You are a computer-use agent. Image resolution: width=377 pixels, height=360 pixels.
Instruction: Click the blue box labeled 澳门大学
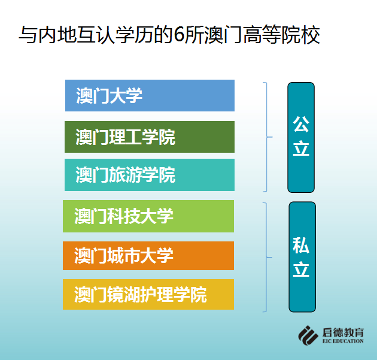[x=150, y=95]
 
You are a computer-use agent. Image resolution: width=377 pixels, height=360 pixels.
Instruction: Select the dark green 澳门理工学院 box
[x=150, y=137]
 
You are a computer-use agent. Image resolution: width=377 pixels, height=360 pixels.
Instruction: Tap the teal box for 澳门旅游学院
[x=150, y=175]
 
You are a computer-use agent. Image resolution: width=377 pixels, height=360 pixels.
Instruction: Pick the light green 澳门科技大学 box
[x=148, y=216]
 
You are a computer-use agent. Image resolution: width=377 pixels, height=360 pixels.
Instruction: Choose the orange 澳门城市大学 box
[x=148, y=256]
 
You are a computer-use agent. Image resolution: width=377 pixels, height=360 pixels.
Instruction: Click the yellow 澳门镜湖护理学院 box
[x=148, y=294]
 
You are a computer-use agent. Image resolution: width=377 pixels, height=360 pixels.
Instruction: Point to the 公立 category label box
[x=301, y=137]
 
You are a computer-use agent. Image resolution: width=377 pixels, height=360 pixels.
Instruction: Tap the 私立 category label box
[x=302, y=257]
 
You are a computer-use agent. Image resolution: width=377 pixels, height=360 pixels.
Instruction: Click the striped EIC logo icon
[x=308, y=335]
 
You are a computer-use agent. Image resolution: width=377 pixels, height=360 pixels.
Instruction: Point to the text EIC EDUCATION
[x=343, y=341]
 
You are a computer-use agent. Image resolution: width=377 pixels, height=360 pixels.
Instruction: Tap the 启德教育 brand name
[x=343, y=332]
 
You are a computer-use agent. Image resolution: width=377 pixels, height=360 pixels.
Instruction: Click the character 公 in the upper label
[x=301, y=124]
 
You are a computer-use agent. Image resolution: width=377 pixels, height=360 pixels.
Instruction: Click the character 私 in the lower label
[x=301, y=245]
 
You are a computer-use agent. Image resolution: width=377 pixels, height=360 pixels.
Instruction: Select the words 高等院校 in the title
[x=281, y=35]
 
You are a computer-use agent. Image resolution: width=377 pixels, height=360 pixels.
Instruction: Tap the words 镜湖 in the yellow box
[x=124, y=295]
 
